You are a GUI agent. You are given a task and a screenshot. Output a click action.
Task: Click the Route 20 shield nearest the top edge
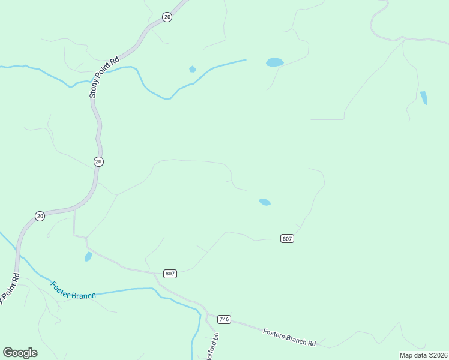(167, 17)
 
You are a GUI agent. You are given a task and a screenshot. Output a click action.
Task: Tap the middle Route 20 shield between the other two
(98, 161)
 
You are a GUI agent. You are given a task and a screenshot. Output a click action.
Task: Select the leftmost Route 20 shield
(40, 216)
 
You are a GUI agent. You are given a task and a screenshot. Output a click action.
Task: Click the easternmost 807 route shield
(287, 238)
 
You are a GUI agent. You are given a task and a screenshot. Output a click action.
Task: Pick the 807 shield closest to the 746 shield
(170, 274)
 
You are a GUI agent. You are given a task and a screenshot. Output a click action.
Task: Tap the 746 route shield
(224, 319)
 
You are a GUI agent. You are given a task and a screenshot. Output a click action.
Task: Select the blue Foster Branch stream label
(73, 291)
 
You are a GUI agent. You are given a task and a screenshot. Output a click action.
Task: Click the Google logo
(20, 353)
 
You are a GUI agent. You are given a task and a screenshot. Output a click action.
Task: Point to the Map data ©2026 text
(423, 355)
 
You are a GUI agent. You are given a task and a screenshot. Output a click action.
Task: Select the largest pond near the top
(274, 62)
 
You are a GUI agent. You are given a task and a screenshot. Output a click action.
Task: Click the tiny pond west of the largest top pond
(192, 69)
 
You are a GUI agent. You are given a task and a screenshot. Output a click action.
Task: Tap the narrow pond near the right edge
(424, 98)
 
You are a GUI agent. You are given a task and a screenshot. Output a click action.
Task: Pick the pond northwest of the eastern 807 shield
(264, 202)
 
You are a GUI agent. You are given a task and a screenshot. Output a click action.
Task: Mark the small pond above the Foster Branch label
(88, 257)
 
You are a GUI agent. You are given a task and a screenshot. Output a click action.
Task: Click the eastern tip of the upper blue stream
(245, 60)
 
